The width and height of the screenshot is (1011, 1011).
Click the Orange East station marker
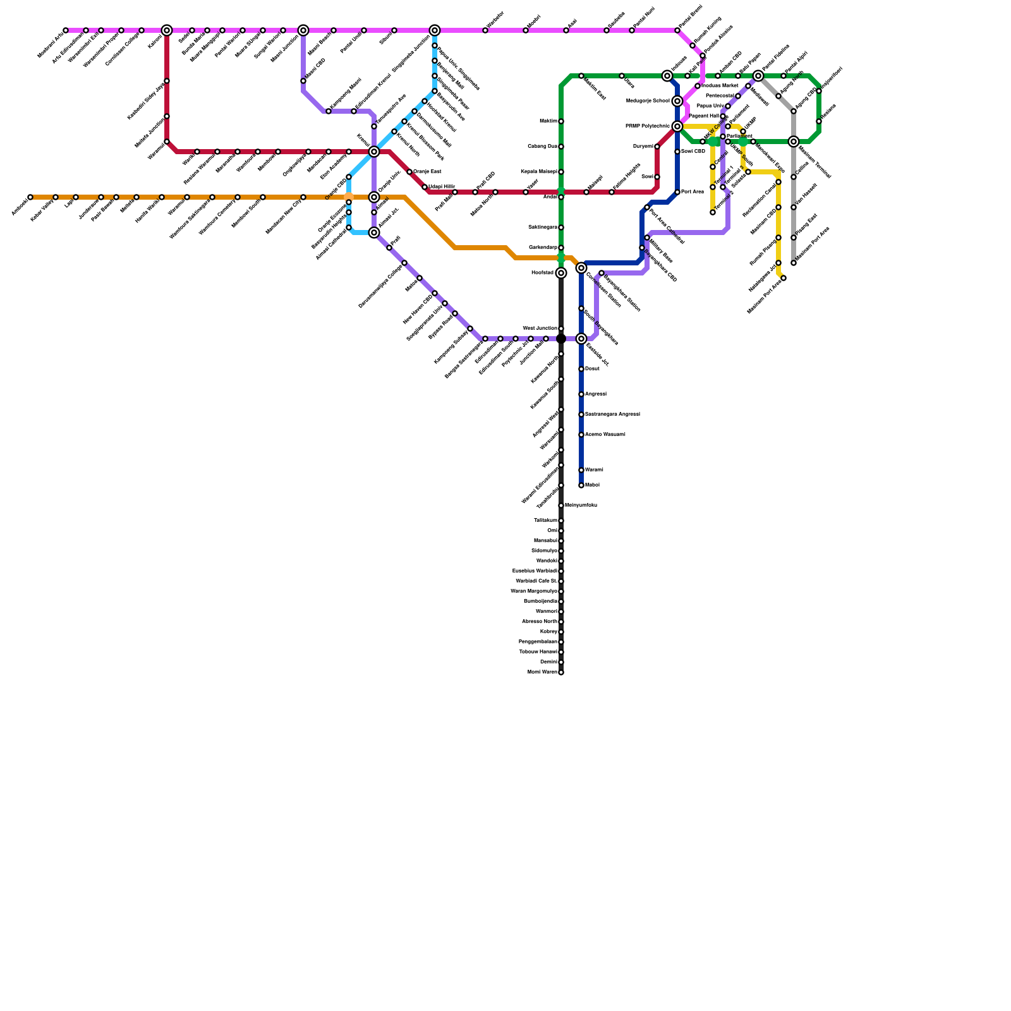tap(409, 172)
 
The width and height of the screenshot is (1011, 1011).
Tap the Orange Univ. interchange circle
tap(374, 197)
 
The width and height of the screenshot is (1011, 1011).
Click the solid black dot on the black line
tap(561, 339)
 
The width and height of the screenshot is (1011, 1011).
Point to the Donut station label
tap(592, 369)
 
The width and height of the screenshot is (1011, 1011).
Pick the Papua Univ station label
tap(710, 106)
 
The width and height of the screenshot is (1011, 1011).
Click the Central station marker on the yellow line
tap(713, 167)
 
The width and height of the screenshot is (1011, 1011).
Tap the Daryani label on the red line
tap(643, 147)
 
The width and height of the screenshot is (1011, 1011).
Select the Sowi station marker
tap(657, 177)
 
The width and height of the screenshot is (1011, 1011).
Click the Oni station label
tap(552, 531)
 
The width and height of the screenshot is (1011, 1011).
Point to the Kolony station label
tap(549, 632)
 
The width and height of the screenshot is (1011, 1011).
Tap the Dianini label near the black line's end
tap(548, 662)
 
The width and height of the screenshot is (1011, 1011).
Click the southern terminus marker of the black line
tap(561, 672)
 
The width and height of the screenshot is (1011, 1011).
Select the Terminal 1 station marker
tap(713, 187)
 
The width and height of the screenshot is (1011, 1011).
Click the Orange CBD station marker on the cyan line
tap(349, 177)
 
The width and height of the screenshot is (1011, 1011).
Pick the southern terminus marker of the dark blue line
tap(581, 485)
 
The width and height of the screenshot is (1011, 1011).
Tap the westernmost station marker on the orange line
tap(30, 197)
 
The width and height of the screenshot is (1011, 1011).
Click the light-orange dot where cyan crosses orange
tap(349, 197)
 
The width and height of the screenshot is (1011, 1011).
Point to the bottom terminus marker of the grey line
tap(794, 263)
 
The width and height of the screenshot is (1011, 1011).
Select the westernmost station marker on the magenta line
tap(66, 30)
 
